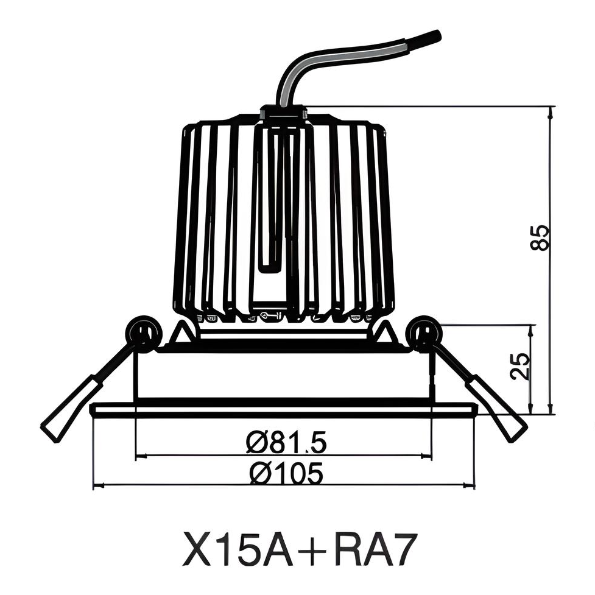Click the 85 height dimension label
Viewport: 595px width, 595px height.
540,237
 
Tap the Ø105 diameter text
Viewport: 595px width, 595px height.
286,473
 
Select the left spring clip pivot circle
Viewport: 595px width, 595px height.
144,331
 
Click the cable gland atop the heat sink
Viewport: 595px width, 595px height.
283,113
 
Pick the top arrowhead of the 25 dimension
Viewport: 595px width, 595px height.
532,329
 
